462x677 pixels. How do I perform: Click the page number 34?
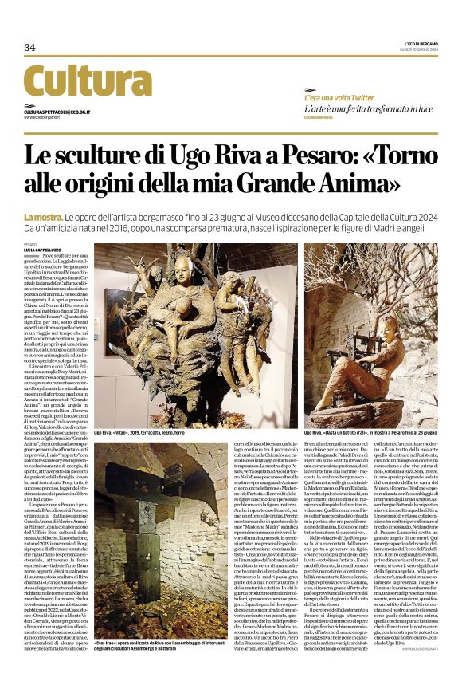29,47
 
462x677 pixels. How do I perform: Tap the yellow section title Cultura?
76,81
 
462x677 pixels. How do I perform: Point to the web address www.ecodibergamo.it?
45,117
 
